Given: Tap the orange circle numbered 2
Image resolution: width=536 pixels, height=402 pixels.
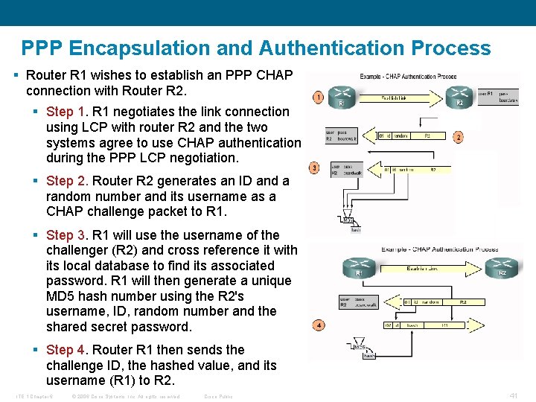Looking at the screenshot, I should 458,137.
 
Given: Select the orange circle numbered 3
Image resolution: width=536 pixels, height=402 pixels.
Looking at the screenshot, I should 315,167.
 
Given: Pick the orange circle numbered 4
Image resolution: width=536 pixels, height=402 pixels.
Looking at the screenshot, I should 319,325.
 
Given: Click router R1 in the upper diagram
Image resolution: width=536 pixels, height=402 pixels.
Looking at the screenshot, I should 344,97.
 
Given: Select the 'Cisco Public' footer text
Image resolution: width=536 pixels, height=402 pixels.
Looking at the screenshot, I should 218,396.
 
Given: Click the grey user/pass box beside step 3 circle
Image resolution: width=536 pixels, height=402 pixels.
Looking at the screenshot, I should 344,170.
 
